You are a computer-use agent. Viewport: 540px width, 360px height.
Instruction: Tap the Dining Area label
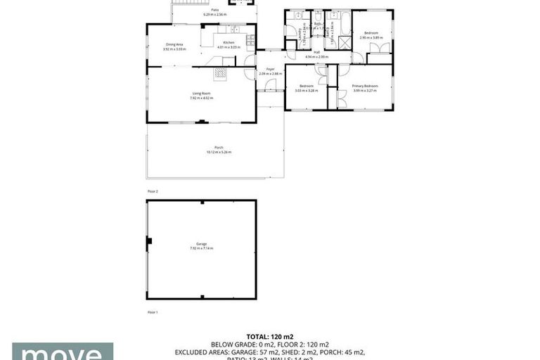click(174, 44)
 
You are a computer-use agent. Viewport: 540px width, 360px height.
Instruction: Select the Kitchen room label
click(229, 43)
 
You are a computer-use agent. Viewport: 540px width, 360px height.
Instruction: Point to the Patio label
click(214, 10)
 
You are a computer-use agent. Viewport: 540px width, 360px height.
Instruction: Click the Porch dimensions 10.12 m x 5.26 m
click(219, 152)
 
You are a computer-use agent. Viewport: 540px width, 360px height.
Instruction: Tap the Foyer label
click(269, 69)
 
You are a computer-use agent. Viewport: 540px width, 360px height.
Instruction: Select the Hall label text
click(316, 52)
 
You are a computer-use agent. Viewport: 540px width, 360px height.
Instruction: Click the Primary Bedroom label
click(365, 86)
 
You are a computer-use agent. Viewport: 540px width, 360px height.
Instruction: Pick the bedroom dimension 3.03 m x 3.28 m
click(306, 90)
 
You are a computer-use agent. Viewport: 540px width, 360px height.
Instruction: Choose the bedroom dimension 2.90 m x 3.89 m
click(370, 37)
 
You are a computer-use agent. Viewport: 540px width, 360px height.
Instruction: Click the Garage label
click(201, 244)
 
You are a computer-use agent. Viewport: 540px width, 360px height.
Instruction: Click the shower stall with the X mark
click(344, 42)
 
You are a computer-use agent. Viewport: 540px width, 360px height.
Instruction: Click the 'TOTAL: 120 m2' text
click(269, 337)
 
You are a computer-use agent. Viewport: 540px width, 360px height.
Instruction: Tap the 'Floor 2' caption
click(153, 191)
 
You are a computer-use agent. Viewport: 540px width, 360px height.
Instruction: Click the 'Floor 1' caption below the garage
click(153, 311)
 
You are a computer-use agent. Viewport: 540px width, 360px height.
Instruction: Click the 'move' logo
click(63, 352)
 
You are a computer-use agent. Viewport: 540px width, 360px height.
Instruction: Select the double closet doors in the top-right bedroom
click(380, 48)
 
